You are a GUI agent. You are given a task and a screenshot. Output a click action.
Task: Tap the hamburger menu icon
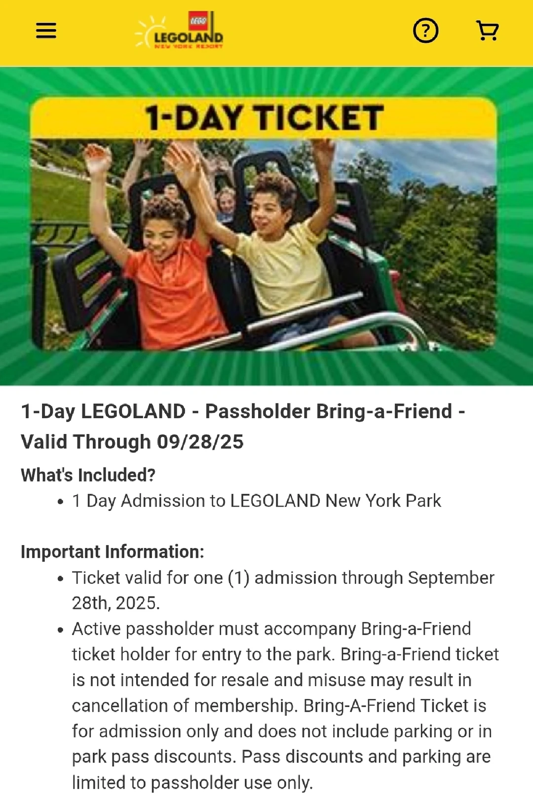pyautogui.click(x=46, y=31)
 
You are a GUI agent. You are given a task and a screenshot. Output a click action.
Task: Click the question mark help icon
pyautogui.click(x=425, y=31)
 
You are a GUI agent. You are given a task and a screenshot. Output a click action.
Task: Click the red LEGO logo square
pyautogui.click(x=198, y=21)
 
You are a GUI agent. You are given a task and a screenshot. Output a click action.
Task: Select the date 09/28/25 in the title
pyautogui.click(x=200, y=441)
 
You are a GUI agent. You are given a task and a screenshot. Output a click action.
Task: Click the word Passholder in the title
pyautogui.click(x=257, y=411)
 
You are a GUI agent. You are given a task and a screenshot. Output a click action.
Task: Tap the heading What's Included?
pyautogui.click(x=88, y=475)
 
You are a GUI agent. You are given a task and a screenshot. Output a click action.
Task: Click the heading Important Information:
pyautogui.click(x=113, y=551)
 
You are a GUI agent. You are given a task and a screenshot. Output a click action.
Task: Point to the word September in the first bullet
pyautogui.click(x=451, y=578)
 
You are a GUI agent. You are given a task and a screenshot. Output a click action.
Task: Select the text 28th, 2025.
pyautogui.click(x=116, y=603)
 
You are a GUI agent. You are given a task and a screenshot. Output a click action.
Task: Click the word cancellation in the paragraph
pyautogui.click(x=120, y=706)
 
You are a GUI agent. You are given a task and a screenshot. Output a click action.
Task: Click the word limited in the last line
pyautogui.click(x=98, y=782)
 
